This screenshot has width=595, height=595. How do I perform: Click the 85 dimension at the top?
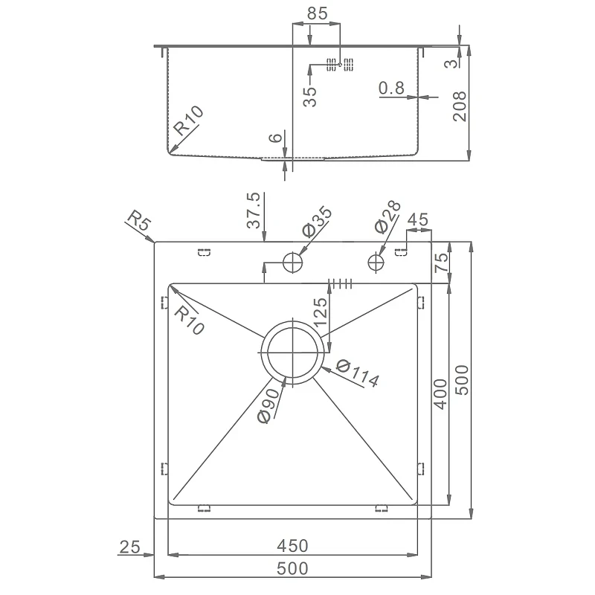click(x=318, y=13)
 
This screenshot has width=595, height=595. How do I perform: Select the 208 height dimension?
click(x=460, y=106)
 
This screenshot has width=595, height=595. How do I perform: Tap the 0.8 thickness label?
click(x=392, y=88)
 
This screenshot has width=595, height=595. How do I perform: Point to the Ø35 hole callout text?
click(x=317, y=222)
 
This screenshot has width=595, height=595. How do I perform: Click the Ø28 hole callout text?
click(x=387, y=216)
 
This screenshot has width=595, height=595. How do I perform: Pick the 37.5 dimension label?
click(x=254, y=210)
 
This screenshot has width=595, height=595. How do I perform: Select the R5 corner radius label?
click(x=139, y=221)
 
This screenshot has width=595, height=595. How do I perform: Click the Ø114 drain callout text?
click(x=358, y=373)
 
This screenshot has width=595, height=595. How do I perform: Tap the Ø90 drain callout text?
click(x=269, y=405)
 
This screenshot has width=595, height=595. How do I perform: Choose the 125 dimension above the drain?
click(x=321, y=312)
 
